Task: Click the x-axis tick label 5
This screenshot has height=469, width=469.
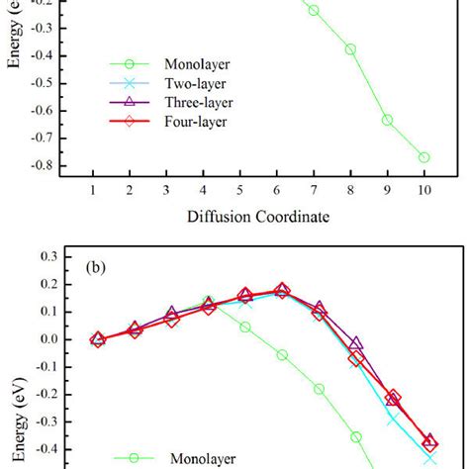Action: click(240, 189)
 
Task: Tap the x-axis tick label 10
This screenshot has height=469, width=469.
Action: click(423, 189)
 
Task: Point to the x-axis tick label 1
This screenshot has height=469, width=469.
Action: click(93, 189)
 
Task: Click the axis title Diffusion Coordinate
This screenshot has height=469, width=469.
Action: click(258, 214)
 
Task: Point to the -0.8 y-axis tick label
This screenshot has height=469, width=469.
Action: click(42, 164)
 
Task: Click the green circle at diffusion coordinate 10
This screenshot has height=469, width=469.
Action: click(423, 157)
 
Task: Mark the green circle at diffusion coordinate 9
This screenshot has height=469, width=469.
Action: click(387, 120)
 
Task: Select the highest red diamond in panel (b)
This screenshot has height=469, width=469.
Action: click(282, 291)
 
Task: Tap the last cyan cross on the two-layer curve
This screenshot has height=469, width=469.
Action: click(429, 458)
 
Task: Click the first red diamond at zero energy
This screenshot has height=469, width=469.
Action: click(97, 339)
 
